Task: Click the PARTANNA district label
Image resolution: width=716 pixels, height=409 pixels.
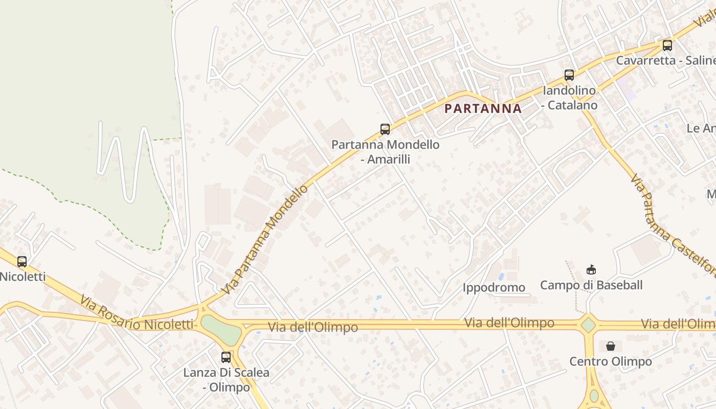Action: (x=483, y=108)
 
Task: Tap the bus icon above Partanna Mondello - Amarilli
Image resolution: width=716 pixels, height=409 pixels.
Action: (x=385, y=129)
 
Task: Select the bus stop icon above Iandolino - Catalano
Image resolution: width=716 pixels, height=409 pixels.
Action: (x=569, y=75)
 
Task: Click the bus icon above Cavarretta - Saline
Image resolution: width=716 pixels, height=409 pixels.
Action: (x=667, y=45)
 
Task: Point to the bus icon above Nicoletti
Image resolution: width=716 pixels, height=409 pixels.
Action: (x=22, y=262)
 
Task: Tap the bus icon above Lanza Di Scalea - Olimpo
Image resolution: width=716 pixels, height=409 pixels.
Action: (x=226, y=357)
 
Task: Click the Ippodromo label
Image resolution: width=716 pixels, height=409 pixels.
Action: (x=494, y=287)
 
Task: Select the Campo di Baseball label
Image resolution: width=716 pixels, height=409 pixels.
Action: (x=591, y=285)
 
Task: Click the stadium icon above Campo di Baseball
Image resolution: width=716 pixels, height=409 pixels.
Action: (x=591, y=269)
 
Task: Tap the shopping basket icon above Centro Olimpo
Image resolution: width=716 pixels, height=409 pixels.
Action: (x=611, y=346)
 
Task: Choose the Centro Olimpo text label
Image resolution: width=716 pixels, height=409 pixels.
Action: (x=611, y=361)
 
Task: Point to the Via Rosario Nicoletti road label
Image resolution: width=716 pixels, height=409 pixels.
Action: (x=137, y=313)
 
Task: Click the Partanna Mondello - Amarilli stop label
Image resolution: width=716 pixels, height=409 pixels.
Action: (x=385, y=152)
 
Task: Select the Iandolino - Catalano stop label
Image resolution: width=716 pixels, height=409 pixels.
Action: (x=570, y=98)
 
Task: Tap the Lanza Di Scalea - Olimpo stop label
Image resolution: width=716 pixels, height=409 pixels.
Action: (x=226, y=380)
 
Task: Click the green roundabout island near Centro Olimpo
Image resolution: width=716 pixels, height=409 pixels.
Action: (x=589, y=325)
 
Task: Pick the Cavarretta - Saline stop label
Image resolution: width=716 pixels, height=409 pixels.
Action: (x=665, y=60)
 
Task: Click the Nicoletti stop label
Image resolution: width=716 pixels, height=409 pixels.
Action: (x=23, y=277)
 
